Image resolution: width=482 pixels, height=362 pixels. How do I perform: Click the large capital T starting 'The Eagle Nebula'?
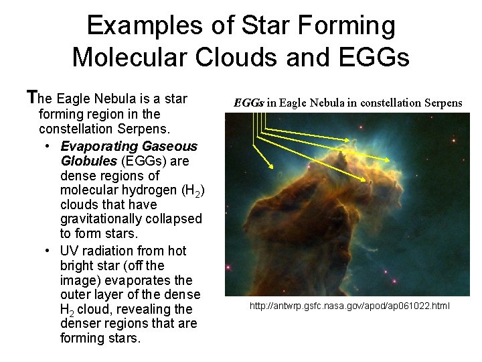click(30, 99)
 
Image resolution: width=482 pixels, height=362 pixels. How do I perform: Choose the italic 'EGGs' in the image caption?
click(249, 103)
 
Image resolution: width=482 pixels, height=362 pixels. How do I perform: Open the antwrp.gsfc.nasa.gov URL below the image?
click(350, 306)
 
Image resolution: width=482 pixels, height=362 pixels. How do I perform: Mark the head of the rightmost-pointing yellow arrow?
click(369, 182)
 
